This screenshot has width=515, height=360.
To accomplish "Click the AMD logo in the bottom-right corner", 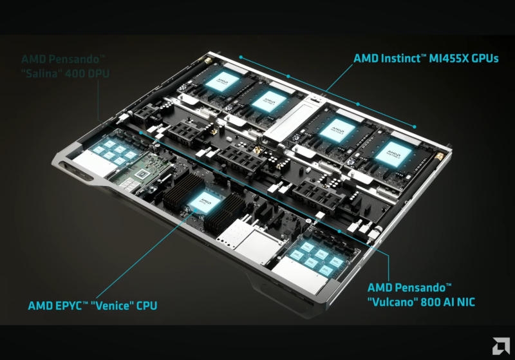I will pos(500,346).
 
